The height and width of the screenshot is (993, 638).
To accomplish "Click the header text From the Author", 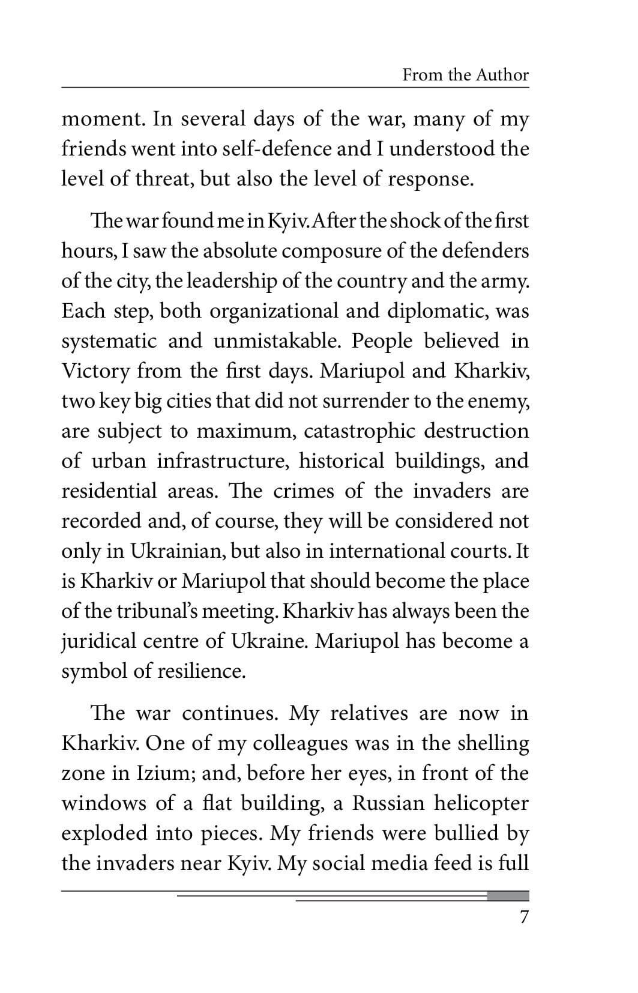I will click(465, 75).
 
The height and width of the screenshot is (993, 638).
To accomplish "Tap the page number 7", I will click(524, 917).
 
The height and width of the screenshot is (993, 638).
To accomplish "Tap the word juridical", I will click(98, 641).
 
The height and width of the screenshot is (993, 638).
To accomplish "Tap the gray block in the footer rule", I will click(508, 896).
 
